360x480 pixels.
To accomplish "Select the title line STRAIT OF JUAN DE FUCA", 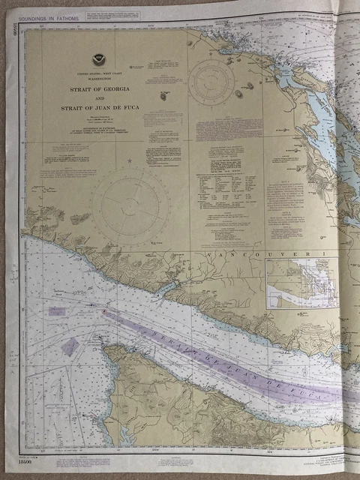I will point(99,108).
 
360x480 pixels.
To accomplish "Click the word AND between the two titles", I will point(99,98).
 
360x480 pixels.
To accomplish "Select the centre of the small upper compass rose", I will point(211,80).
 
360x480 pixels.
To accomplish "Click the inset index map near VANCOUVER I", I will point(301,283).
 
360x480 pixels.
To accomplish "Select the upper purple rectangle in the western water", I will point(57,310).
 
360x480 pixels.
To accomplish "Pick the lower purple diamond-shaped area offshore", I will point(70,346).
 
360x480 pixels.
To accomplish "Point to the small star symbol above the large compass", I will point(129,160).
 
